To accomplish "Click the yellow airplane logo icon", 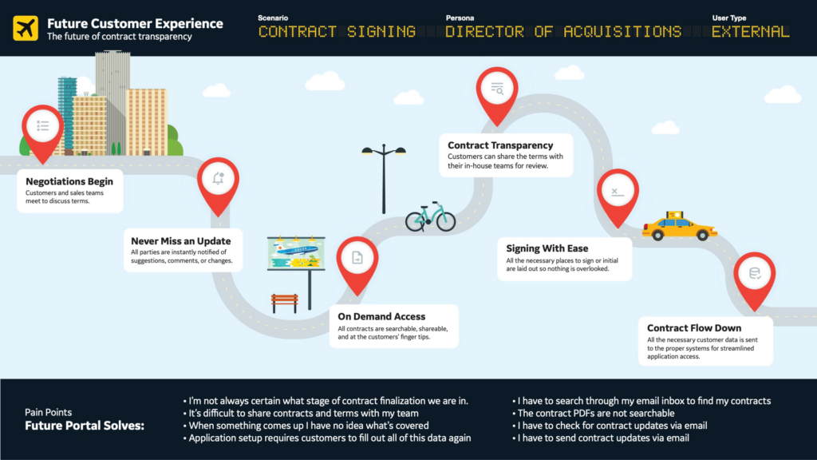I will [26, 28].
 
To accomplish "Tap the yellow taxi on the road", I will [679, 227].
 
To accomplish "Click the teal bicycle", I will [430, 216].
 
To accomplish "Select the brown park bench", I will [284, 302].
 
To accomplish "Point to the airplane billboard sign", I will [296, 255].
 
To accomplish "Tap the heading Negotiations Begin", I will [69, 181].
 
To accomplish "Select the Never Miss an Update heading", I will [181, 240].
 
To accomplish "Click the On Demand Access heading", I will [381, 316].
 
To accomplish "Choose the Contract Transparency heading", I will [500, 145].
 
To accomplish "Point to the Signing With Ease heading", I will [547, 248].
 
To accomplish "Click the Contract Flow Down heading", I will [694, 327].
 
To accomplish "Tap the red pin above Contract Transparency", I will [497, 91].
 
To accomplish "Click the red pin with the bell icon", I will [218, 180].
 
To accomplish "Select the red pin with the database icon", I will [754, 276].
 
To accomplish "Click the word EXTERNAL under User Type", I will [751, 32].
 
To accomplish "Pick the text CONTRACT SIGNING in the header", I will [337, 32].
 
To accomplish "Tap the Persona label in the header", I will [461, 18].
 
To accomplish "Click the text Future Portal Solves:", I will [85, 426].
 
